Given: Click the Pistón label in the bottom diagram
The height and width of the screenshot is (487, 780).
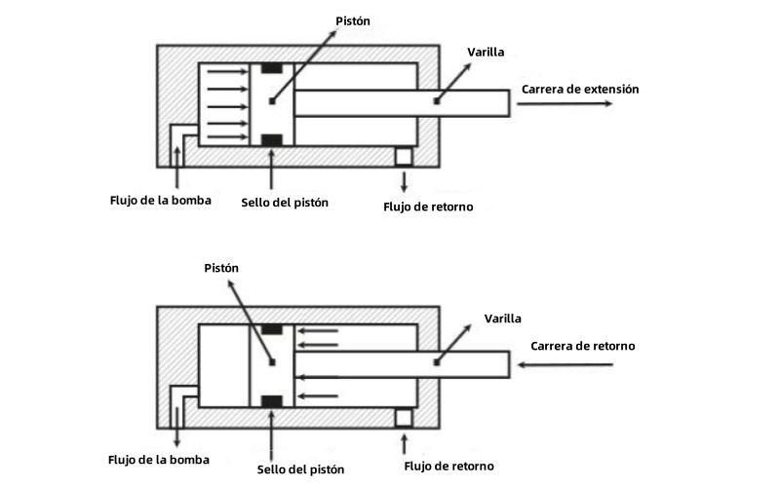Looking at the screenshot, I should click(221, 268).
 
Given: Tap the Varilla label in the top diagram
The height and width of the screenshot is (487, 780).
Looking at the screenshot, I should click(487, 52).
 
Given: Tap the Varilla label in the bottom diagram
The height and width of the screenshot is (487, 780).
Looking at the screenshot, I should click(502, 318).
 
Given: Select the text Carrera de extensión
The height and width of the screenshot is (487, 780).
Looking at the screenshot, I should click(580, 89).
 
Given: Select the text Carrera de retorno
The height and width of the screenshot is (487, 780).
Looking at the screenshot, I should click(583, 346).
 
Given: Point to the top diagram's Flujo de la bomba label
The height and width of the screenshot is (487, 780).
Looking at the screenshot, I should click(160, 202).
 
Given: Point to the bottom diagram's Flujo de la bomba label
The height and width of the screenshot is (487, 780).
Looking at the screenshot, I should click(159, 458).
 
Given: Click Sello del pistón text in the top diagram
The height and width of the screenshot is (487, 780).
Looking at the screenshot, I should click(285, 203).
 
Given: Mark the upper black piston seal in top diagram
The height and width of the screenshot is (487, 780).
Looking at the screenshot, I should click(272, 68).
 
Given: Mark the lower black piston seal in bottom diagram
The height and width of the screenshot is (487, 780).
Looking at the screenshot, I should click(272, 400).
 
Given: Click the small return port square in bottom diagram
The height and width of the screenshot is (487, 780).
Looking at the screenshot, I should click(403, 417).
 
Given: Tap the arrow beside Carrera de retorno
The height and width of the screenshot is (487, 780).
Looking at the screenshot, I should click(566, 364).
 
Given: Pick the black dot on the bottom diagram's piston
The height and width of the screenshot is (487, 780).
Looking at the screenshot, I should click(272, 363).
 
